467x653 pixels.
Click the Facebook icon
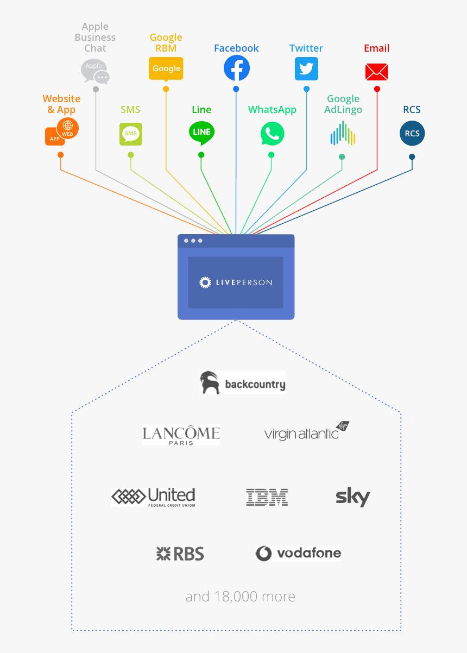[237, 68]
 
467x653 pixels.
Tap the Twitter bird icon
[306, 69]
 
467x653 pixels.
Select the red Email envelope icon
[376, 72]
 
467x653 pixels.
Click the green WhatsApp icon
[272, 134]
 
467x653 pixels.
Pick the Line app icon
[201, 133]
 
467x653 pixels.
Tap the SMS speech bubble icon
[131, 134]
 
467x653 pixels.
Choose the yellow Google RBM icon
[166, 69]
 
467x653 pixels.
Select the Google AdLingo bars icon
[343, 134]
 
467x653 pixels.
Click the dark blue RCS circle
[412, 134]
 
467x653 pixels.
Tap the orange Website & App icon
[61, 131]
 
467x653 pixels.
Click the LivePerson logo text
[236, 282]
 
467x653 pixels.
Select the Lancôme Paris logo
[181, 435]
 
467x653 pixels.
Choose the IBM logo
[267, 497]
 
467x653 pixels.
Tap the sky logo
[352, 497]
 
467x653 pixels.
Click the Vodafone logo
[298, 554]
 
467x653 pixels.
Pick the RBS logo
[180, 554]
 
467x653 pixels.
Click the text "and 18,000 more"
[240, 597]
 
